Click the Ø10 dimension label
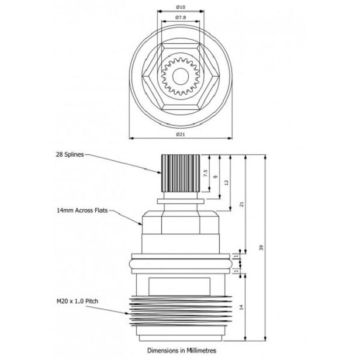181,6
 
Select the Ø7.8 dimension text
181,18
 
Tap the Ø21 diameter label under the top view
181,134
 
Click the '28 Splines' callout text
70,154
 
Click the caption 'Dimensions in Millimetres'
181,351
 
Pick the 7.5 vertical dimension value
205,174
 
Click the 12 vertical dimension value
226,182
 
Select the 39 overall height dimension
261,248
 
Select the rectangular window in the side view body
180,286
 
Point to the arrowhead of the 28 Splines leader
161,172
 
